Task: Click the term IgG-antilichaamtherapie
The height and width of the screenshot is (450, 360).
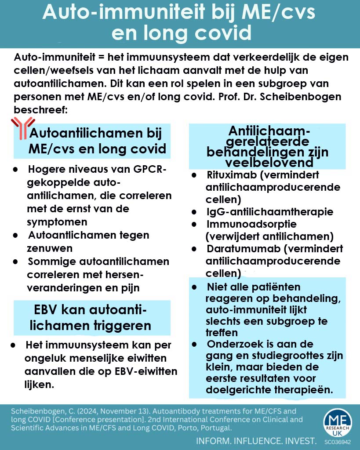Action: pyautogui.click(x=269, y=212)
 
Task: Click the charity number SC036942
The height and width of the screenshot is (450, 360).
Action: pyautogui.click(x=337, y=441)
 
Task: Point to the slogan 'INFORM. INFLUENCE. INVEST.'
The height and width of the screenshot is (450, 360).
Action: pyautogui.click(x=257, y=440)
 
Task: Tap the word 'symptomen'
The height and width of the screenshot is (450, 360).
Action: pyautogui.click(x=57, y=222)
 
